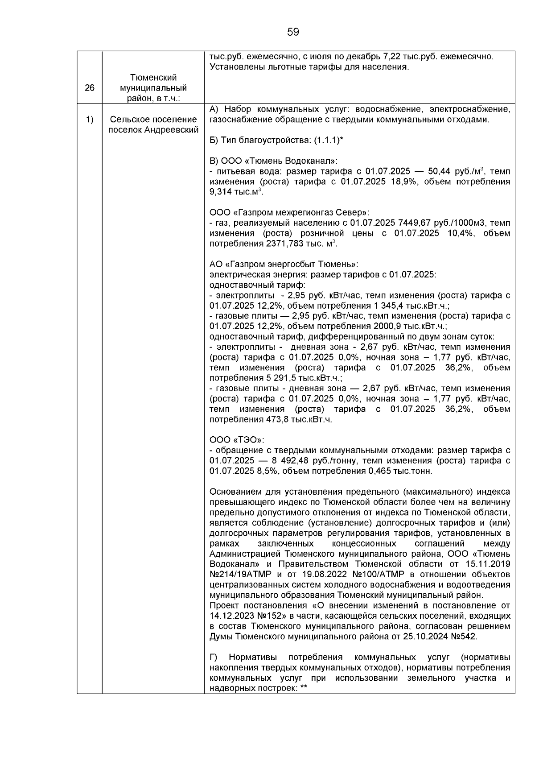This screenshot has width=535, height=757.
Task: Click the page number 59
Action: [x=293, y=32]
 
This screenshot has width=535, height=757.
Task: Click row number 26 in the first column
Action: [x=89, y=88]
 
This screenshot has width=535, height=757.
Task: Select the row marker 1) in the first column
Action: [x=89, y=120]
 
